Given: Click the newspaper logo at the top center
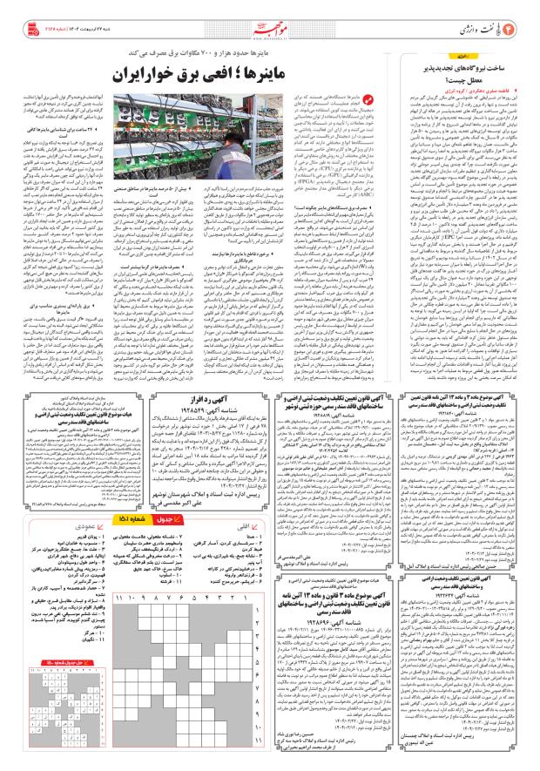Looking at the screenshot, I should [269, 17].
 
